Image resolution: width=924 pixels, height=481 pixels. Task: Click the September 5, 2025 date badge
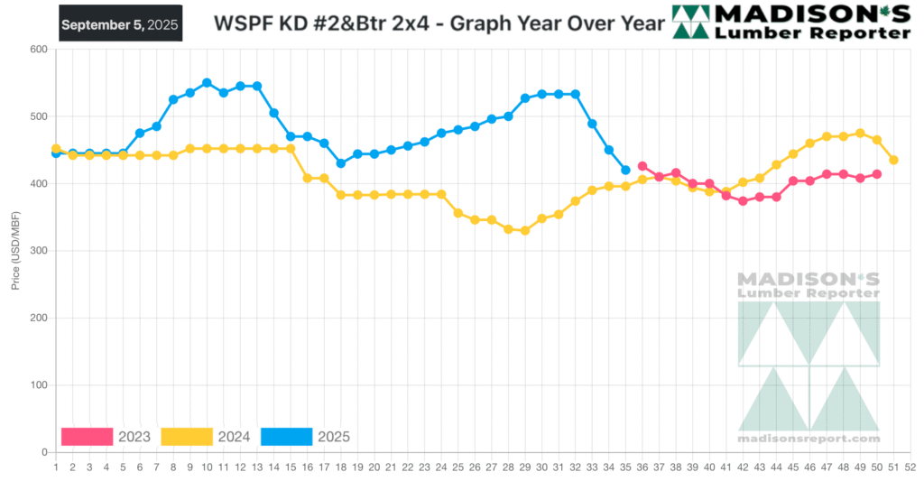point(121,24)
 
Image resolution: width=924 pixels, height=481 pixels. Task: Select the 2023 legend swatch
point(87,437)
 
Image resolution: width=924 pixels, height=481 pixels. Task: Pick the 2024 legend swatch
point(187,437)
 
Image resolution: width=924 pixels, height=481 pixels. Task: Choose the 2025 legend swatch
point(286,437)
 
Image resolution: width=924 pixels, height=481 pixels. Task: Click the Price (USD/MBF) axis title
point(15,251)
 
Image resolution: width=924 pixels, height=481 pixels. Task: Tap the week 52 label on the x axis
point(910,467)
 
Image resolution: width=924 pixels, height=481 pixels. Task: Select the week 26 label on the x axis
point(475,467)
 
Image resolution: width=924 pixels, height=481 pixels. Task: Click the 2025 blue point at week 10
point(207,83)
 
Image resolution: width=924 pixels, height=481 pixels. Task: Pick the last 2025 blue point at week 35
point(625,170)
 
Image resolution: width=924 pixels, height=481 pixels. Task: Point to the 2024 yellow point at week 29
point(525,230)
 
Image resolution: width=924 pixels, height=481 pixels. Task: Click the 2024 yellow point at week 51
point(893,160)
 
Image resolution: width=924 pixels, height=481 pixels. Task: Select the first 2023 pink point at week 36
point(642,166)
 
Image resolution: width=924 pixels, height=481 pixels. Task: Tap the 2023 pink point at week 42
point(743,201)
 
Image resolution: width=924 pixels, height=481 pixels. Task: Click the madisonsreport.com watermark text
point(808,439)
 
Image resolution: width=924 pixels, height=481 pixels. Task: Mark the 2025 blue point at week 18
point(341,163)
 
